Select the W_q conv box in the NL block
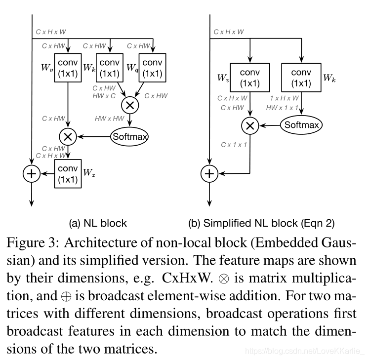pyautogui.click(x=153, y=69)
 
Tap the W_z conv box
pyautogui.click(x=68, y=173)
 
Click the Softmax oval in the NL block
pyautogui.click(x=130, y=136)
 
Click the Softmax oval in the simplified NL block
pyautogui.click(x=301, y=125)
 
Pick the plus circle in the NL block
pyautogui.click(x=32, y=173)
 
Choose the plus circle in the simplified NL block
pyautogui.click(x=210, y=173)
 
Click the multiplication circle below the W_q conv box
pyautogui.click(x=130, y=104)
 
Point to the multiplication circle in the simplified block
pyautogui.click(x=250, y=126)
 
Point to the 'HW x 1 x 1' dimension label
pyautogui.click(x=282, y=107)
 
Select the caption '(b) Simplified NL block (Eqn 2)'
pyautogui.click(x=261, y=223)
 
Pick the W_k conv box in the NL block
pyautogui.click(x=110, y=69)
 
